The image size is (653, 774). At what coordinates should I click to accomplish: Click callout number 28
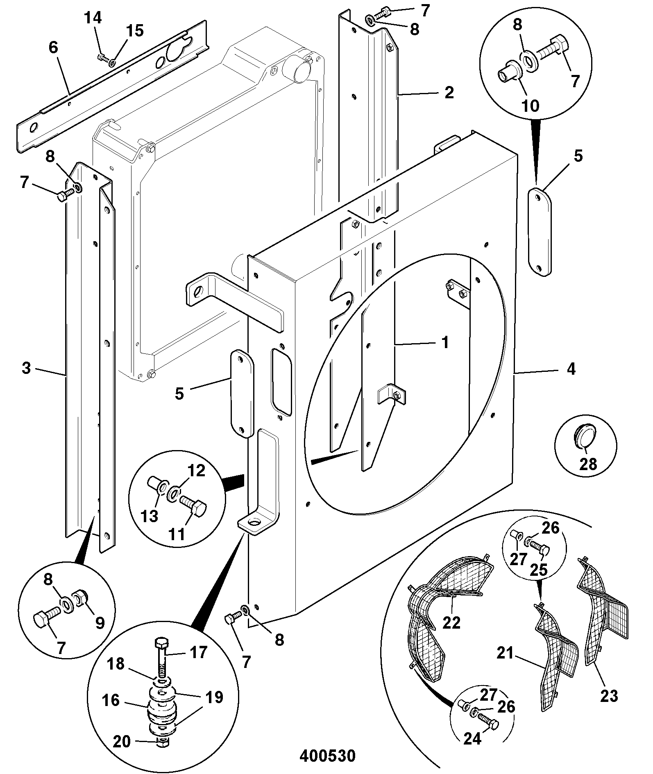(x=588, y=464)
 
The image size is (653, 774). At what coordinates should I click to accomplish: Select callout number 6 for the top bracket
(x=53, y=48)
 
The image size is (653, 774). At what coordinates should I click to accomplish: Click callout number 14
(x=93, y=18)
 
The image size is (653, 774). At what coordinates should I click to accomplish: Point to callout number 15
(x=135, y=31)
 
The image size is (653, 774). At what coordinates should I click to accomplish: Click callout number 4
(x=571, y=369)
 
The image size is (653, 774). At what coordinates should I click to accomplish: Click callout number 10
(x=531, y=106)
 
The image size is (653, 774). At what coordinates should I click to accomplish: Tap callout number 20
(x=122, y=741)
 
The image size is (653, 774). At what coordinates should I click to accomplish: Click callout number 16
(x=111, y=700)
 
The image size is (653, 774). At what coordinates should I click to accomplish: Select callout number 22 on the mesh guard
(x=451, y=622)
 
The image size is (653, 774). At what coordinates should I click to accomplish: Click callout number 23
(x=609, y=695)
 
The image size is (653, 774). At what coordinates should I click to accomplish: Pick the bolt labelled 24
(x=488, y=727)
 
